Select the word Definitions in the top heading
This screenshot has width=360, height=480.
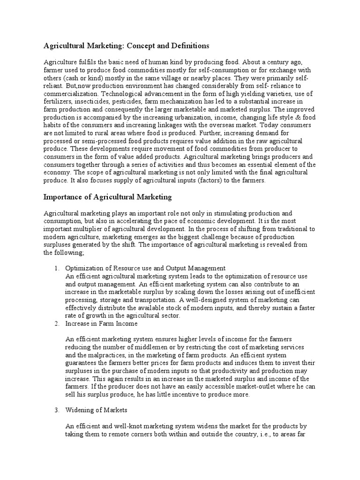pyautogui.click(x=186, y=45)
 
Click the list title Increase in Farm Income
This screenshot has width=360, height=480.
pyautogui.click(x=101, y=324)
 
